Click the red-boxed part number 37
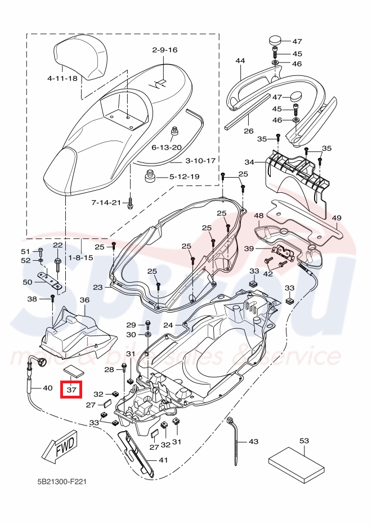[x=71, y=389]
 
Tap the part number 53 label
[x=304, y=441]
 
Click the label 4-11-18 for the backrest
[x=62, y=78]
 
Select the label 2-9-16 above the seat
[x=164, y=50]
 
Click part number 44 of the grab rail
[x=240, y=61]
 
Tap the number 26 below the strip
[x=248, y=131]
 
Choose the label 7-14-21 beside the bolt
[x=106, y=202]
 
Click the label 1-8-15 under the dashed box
[x=81, y=257]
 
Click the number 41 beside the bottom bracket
[x=163, y=460]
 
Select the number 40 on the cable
[x=47, y=388]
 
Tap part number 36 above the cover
[x=84, y=300]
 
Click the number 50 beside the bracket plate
[x=28, y=282]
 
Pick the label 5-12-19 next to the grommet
[x=185, y=176]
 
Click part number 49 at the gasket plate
[x=336, y=218]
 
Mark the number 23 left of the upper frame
[x=98, y=287]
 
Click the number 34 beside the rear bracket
[x=249, y=162]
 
